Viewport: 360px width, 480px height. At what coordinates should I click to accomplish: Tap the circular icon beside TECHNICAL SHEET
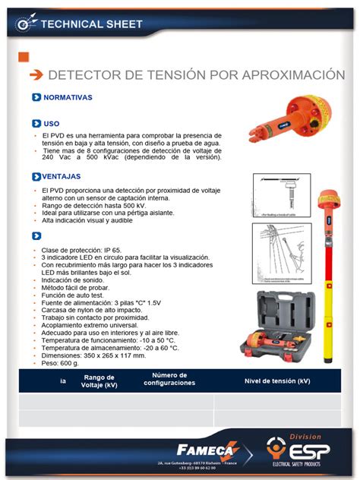(26, 24)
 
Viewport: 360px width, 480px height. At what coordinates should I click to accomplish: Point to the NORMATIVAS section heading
(68, 98)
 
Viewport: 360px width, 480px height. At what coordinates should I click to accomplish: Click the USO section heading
(51, 123)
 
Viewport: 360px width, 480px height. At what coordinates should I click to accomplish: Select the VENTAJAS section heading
(62, 176)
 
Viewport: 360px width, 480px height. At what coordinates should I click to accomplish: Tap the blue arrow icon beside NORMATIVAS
(36, 98)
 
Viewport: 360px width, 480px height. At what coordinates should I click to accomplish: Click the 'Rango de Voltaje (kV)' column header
(99, 381)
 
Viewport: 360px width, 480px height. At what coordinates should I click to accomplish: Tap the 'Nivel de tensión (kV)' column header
(277, 381)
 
